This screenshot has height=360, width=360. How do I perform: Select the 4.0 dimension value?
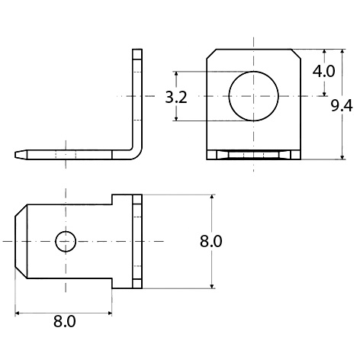[325, 71]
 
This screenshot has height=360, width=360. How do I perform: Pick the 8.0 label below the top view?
[65, 322]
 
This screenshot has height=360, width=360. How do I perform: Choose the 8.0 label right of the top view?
[211, 242]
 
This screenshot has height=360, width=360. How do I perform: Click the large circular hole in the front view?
[254, 97]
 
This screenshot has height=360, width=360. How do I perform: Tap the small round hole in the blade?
[65, 241]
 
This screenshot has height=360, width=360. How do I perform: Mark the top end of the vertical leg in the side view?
[137, 52]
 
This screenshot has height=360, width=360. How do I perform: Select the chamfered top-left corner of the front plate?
[209, 53]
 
